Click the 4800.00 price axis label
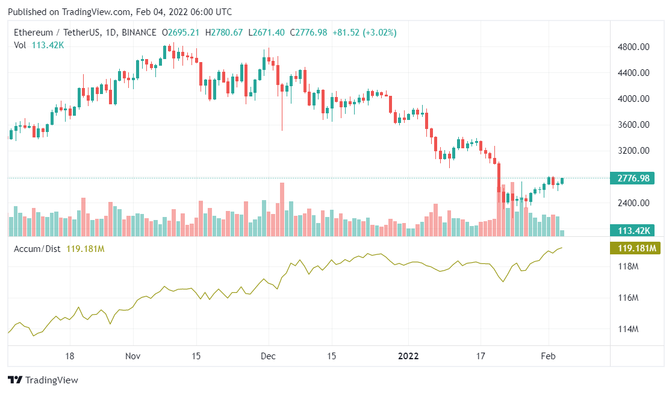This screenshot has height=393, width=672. click(x=635, y=47)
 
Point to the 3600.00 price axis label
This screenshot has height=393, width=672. click(x=635, y=125)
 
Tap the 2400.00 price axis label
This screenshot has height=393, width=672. click(x=635, y=203)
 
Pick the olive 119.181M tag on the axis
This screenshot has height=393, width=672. click(x=635, y=248)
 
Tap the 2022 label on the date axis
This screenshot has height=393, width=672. click(x=409, y=356)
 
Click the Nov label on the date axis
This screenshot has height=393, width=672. click(x=133, y=356)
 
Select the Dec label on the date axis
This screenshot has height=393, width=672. click(x=268, y=356)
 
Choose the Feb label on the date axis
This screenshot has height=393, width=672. click(x=548, y=356)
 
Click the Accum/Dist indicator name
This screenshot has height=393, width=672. click(x=37, y=248)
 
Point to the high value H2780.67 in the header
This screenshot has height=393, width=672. click(x=224, y=33)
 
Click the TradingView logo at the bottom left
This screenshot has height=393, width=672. click(x=43, y=380)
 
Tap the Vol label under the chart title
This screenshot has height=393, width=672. click(x=20, y=44)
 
